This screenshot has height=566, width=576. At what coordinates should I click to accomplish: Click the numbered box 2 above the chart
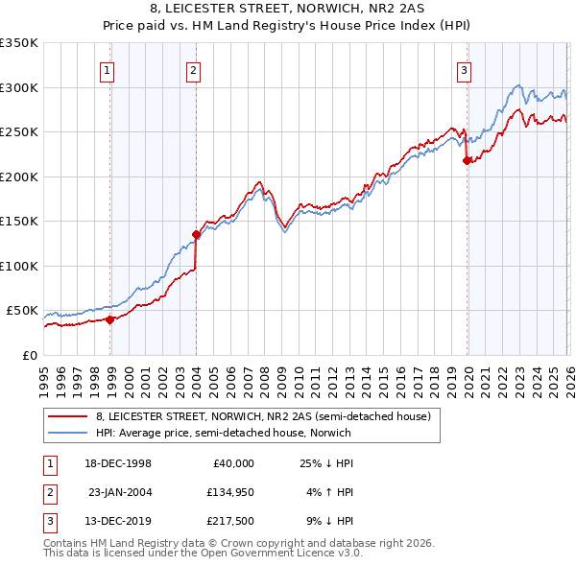tap(193, 69)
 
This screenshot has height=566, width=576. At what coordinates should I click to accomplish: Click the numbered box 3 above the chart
tap(464, 69)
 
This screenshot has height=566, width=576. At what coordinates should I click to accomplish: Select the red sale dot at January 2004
tap(196, 234)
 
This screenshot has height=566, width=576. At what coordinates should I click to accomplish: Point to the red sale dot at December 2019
tap(468, 161)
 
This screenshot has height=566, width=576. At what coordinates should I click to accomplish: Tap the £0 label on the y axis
tap(30, 355)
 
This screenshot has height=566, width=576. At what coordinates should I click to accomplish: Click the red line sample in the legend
tap(67, 416)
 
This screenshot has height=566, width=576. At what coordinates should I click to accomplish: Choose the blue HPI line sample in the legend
tap(67, 433)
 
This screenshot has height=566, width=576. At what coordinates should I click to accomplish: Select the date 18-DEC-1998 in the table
tap(119, 463)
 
